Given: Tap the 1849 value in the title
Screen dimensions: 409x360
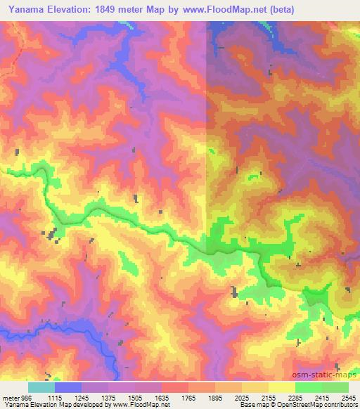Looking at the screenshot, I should tap(119, 10).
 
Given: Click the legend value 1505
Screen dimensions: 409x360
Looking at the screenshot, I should tap(136, 397).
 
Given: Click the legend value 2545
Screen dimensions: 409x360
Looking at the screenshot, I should tap(347, 397).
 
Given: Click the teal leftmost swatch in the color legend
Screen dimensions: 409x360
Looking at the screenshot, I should tap(41, 387).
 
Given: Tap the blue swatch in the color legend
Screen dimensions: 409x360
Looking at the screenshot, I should tap(68, 387).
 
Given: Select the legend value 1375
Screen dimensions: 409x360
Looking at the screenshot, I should tap(109, 397).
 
